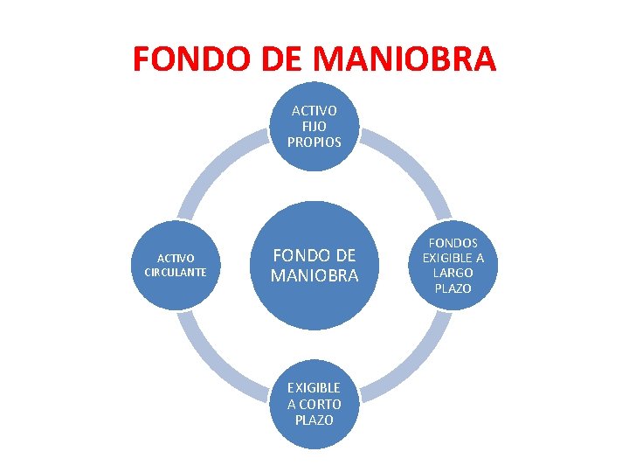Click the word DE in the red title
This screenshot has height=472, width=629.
click(x=267, y=59)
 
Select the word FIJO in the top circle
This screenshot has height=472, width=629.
click(x=314, y=126)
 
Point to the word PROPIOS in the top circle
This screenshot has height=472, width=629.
click(x=314, y=141)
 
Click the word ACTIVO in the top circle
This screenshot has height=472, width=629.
click(x=314, y=111)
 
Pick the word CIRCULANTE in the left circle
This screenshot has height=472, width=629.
click(x=176, y=272)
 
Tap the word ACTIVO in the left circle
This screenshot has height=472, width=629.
click(x=176, y=258)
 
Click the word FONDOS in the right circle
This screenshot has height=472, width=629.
click(x=453, y=242)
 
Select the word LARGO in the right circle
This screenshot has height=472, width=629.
click(x=453, y=273)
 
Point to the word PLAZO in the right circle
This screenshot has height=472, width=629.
click(x=453, y=288)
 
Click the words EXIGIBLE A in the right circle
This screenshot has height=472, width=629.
click(x=453, y=258)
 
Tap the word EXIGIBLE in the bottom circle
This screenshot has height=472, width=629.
click(x=314, y=388)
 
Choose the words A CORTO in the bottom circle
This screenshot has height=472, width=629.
click(x=314, y=404)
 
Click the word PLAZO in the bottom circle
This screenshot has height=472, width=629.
click(x=314, y=420)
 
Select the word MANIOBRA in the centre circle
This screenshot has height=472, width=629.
click(x=314, y=276)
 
